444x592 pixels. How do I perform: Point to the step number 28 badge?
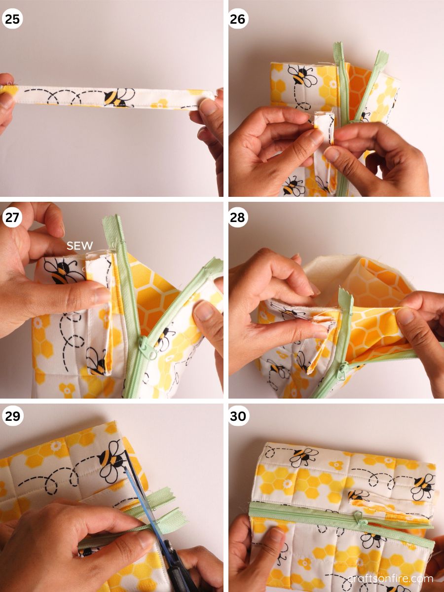click(x=238, y=218)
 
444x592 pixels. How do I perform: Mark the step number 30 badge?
click(x=238, y=416)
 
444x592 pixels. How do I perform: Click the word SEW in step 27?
click(x=80, y=245)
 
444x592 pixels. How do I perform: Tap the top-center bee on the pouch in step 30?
click(x=303, y=455)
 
